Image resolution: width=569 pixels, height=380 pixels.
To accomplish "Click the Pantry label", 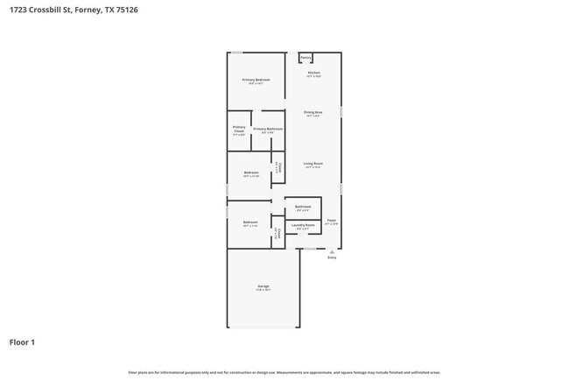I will (x=306, y=58).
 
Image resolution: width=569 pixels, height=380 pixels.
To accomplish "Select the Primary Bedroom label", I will (x=256, y=80).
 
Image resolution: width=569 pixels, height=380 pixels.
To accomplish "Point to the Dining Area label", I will (x=313, y=112).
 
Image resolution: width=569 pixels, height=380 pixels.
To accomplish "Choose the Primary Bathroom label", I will (x=268, y=130).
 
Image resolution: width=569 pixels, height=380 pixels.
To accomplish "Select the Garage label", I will (x=263, y=286).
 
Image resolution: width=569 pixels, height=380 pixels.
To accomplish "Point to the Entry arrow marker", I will (x=332, y=251).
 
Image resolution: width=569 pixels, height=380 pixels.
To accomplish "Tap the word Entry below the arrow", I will (x=332, y=258).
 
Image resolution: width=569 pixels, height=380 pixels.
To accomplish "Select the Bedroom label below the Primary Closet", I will (x=251, y=172).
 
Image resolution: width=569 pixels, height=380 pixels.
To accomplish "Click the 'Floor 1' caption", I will (x=22, y=341).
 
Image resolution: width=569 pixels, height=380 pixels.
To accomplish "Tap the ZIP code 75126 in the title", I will (x=124, y=10).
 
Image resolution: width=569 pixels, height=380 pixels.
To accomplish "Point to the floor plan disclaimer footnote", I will (x=284, y=372).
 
